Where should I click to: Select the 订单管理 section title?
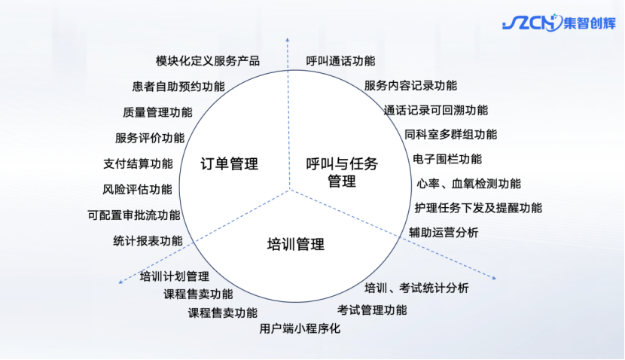[230, 163]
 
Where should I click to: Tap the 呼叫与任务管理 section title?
[342, 172]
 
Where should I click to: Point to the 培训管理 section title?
[296, 244]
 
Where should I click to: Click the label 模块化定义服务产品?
[208, 61]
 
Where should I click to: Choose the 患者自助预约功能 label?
[178, 86]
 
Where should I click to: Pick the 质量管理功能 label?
[157, 112]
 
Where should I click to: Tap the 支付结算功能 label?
[138, 163]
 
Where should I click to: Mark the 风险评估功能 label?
[137, 189]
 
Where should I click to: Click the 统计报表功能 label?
[148, 241]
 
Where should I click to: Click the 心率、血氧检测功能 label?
[468, 183]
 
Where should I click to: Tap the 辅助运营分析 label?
[444, 232]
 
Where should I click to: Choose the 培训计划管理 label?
[175, 276]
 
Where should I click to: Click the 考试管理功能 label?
[372, 310]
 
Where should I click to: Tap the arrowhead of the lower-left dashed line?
[121, 282]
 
